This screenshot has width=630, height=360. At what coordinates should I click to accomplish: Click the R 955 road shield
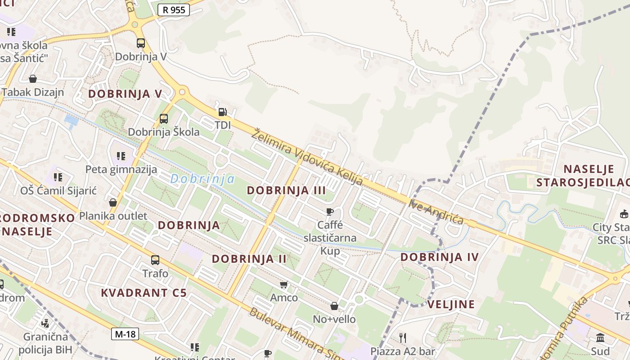174,10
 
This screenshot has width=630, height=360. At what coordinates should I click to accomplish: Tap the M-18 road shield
125,334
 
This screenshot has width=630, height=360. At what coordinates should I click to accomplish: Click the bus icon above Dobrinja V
141,43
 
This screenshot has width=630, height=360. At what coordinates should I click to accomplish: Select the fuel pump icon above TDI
222,112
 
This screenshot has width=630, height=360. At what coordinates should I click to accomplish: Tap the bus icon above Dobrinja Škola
164,119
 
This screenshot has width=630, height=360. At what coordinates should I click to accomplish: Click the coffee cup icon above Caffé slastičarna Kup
330,211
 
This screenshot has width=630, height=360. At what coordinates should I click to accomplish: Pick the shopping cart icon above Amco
284,284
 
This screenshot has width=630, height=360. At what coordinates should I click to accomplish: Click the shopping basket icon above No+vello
334,306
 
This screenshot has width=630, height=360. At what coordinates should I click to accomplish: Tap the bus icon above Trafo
155,260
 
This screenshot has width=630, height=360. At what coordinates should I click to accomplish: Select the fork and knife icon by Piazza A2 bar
403,337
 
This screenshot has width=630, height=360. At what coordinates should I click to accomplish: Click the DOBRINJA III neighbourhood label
286,190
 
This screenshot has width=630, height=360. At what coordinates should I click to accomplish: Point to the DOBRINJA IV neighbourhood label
440,257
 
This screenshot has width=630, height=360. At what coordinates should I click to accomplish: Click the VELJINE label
451,304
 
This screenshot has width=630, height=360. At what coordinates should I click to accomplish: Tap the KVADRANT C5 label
144,292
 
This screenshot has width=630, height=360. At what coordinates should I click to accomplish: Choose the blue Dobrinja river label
202,179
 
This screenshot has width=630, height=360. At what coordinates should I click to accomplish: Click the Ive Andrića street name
436,212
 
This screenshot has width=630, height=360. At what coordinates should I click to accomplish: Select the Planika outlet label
113,216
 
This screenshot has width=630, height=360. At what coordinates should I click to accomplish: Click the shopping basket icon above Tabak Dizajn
33,79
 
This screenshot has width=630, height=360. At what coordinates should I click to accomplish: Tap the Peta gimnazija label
121,169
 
